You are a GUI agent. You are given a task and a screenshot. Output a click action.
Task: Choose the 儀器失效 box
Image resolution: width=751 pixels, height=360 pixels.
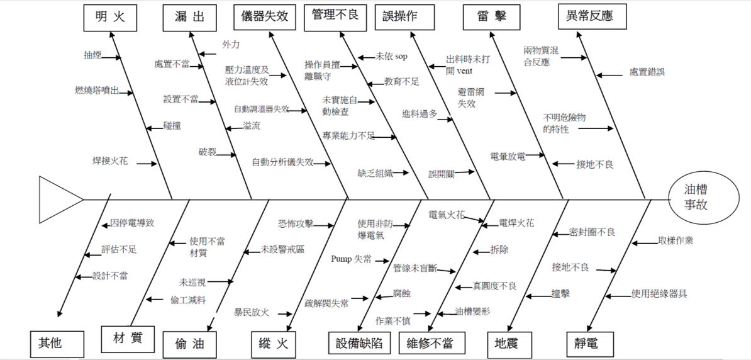[264, 16]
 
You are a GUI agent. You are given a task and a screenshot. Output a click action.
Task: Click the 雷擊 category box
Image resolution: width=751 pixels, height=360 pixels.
[492, 17]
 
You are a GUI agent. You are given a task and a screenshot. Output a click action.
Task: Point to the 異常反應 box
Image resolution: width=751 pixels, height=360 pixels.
[593, 17]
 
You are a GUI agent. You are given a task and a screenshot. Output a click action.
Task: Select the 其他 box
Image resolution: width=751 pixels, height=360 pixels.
[56, 344]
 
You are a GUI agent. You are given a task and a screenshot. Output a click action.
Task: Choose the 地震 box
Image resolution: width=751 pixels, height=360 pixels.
[510, 343]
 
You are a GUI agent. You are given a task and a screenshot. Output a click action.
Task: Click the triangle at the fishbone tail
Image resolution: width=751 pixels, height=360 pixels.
[58, 200]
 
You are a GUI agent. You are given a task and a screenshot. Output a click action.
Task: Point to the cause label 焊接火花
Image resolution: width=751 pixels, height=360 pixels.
[110, 161]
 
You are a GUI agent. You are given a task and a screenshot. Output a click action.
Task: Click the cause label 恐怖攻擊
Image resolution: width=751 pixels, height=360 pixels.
[296, 223]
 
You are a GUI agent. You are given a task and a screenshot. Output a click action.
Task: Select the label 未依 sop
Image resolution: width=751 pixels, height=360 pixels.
[391, 57]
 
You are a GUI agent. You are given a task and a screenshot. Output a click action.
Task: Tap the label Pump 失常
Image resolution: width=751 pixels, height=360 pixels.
[351, 259]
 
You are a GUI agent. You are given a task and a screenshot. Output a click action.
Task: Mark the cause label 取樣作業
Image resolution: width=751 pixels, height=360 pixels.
[676, 240]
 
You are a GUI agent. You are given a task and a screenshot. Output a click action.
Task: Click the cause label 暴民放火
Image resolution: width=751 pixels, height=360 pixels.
[252, 312]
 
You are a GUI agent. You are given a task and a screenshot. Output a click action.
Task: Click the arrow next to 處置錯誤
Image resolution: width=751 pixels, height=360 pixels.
[608, 75]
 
